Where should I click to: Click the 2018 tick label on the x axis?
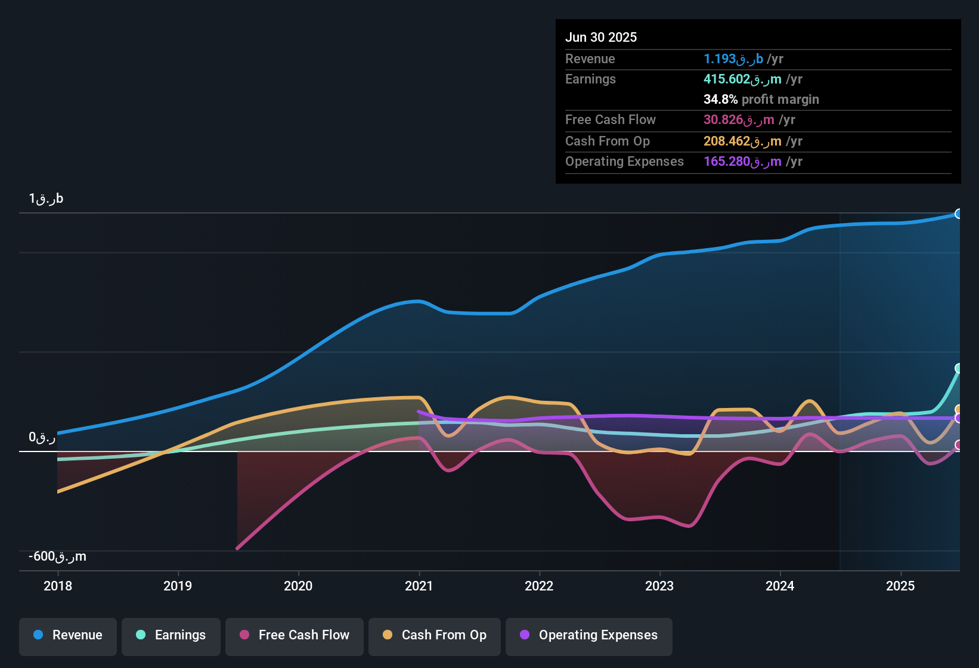coord(58,586)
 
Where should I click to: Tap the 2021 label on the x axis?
coord(419,586)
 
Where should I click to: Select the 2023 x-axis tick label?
coord(659,586)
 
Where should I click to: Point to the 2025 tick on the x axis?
coord(900,586)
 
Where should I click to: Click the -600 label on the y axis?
coord(57,556)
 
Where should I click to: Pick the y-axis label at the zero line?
coord(42,437)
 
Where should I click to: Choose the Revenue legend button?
coord(68,635)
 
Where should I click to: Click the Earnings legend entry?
coord(171,635)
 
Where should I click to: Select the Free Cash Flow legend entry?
coord(295,635)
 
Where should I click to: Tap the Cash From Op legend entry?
coord(435,635)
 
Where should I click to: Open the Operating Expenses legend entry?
coord(589,635)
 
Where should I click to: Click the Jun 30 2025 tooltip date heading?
coord(601,37)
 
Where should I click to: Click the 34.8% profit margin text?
coord(761,99)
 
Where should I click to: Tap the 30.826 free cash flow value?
coord(749,119)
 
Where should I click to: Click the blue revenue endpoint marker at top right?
coord(959,214)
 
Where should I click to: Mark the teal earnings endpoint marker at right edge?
coord(959,369)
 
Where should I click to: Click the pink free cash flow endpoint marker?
coord(959,445)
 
